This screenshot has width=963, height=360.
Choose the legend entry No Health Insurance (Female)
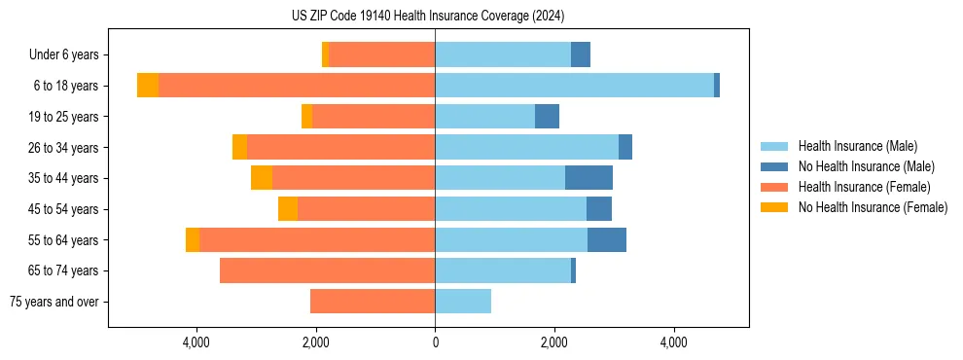(x=872, y=207)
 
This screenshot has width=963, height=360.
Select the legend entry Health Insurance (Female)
(x=863, y=187)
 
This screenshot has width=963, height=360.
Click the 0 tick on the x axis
(x=435, y=342)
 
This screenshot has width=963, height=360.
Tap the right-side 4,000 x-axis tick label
(x=673, y=342)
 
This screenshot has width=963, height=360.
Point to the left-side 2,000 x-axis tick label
(x=316, y=342)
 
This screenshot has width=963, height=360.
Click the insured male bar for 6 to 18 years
(x=574, y=86)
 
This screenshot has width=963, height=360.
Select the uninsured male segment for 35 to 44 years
(x=588, y=178)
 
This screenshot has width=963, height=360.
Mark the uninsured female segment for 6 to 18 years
(x=148, y=86)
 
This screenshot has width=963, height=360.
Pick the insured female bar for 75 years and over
(x=373, y=302)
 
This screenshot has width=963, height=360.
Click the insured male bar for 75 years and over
(x=463, y=302)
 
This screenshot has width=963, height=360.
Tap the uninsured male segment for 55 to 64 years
(x=607, y=239)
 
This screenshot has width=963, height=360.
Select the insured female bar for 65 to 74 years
(x=327, y=270)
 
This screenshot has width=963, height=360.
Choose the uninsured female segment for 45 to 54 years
(x=288, y=209)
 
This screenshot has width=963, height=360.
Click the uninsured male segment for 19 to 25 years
(x=547, y=117)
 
